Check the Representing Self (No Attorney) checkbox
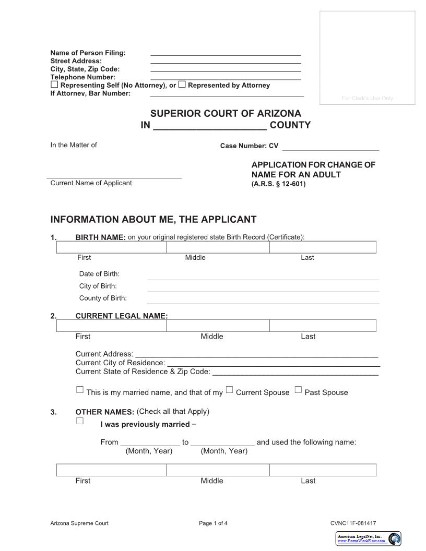(x=54, y=85)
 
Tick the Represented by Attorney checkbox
(x=182, y=85)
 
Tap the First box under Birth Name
(x=111, y=247)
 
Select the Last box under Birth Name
(x=323, y=247)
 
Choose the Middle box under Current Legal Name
(x=218, y=326)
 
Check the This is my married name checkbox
(x=80, y=389)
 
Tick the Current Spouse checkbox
(x=230, y=389)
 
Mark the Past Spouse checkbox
(x=298, y=389)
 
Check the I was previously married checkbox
(x=80, y=421)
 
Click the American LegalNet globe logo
(x=395, y=538)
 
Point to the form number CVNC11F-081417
(x=353, y=523)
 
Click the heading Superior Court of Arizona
(x=226, y=113)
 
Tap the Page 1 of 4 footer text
(x=213, y=523)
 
